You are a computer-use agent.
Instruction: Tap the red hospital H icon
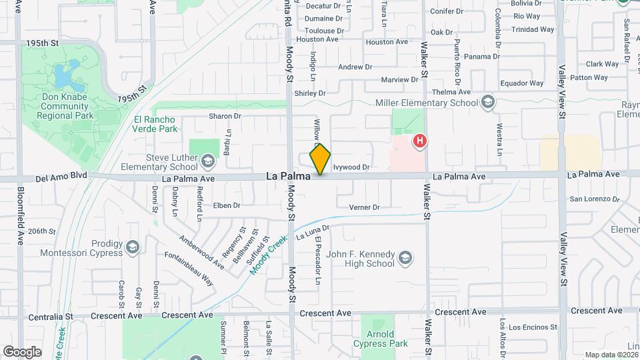click(x=419, y=141)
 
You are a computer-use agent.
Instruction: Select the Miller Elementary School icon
click(x=488, y=103)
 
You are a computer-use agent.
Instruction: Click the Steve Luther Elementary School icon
click(x=208, y=160)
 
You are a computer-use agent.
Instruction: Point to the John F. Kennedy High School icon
click(x=404, y=257)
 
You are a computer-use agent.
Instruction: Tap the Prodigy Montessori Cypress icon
click(x=133, y=247)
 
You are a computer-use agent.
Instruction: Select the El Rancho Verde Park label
click(x=155, y=124)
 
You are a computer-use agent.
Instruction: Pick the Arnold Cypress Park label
click(x=379, y=339)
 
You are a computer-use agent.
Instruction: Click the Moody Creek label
click(x=267, y=255)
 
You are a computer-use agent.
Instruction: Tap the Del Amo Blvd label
click(x=61, y=177)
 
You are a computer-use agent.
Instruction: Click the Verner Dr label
click(x=364, y=207)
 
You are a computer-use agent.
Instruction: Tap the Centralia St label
click(x=46, y=315)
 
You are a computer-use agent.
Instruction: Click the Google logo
click(x=22, y=351)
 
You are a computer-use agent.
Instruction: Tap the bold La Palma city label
click(x=288, y=177)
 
